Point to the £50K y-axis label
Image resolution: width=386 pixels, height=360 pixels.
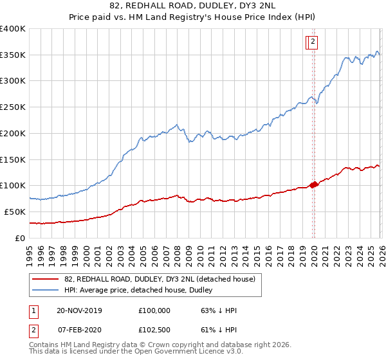point(14,212)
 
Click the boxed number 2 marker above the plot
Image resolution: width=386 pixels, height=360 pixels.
point(313,42)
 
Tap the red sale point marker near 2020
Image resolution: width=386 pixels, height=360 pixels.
point(315,184)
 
